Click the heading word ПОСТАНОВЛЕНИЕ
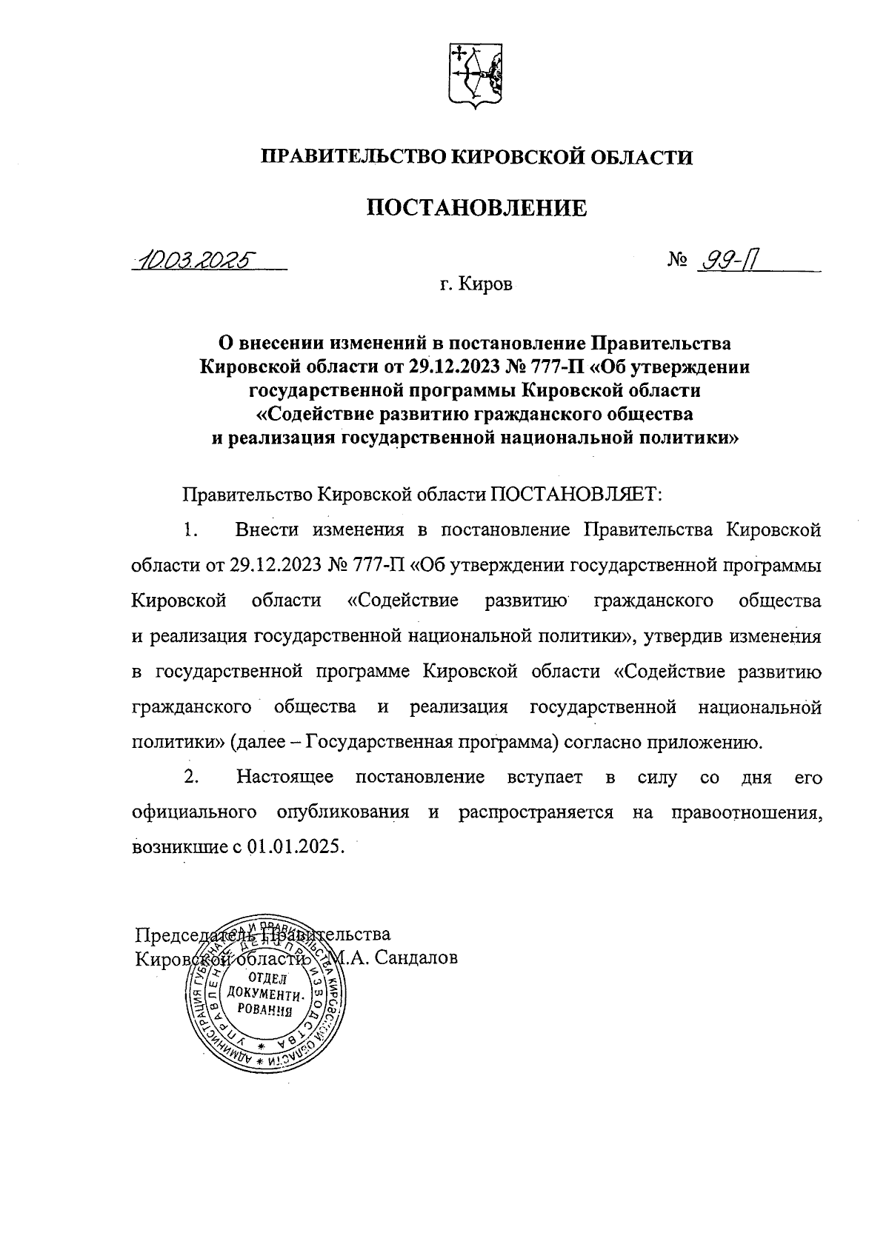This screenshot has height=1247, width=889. point(477,207)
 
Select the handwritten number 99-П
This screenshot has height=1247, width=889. point(732,260)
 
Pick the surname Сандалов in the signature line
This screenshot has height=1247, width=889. point(416,957)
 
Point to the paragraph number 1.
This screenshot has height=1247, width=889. point(191,529)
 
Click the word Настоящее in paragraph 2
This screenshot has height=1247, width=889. point(285,777)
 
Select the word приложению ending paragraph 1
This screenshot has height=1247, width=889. point(702,742)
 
